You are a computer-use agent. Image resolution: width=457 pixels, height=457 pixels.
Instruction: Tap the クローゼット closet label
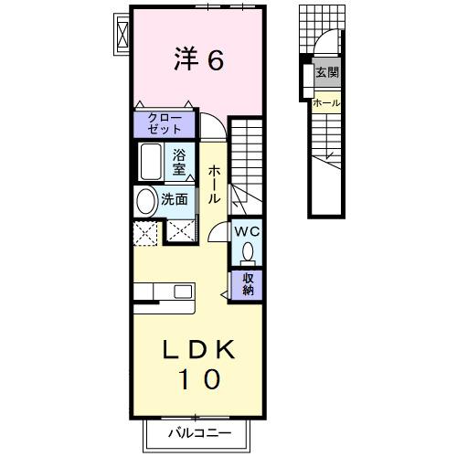coord(165,122)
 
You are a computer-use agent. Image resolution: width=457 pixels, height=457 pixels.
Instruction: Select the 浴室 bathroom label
coord(179,161)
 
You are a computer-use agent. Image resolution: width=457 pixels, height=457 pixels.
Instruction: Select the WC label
coord(247,231)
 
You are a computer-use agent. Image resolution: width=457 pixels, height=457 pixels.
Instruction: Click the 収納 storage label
coord(249,284)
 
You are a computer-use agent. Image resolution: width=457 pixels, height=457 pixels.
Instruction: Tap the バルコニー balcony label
coord(199,431)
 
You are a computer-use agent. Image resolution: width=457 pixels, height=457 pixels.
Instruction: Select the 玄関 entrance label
coord(326,72)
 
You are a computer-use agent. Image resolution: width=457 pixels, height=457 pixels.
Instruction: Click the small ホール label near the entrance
coord(326,103)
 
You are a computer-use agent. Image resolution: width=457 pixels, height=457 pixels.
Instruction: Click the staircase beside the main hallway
coord(246,165)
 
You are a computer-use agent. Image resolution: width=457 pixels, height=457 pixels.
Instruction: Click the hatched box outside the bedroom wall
coord(121,34)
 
